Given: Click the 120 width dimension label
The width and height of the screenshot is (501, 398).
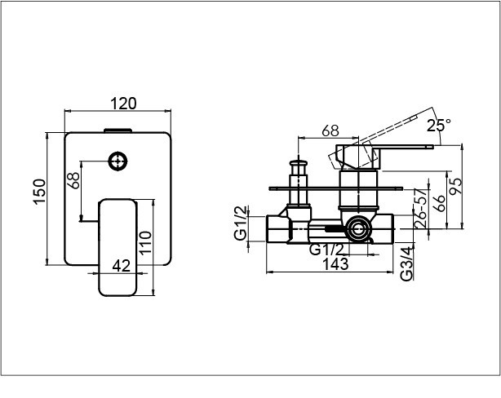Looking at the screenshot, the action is point(123,104).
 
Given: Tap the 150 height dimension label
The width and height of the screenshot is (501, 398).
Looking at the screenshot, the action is point(40,192).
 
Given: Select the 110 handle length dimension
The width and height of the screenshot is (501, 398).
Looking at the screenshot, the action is point(145,242).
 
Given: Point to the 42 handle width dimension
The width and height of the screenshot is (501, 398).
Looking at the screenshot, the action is point(122,266).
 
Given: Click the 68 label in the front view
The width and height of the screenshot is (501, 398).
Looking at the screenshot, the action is point(73,180).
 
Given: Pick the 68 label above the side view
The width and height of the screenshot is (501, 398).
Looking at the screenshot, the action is point(330,130).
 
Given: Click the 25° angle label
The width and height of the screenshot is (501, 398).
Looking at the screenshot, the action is point(439,126).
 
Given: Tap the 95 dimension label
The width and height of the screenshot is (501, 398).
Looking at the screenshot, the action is point(455,186).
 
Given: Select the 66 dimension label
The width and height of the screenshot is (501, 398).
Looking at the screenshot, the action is point(440,203).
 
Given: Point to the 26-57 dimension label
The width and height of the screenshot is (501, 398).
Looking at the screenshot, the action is point(420,208).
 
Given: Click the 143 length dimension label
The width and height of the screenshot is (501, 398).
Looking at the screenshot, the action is point(335,264).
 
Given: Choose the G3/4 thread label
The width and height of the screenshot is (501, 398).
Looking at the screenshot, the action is point(407,264).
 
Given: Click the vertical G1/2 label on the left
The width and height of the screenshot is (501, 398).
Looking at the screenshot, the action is point(241,223).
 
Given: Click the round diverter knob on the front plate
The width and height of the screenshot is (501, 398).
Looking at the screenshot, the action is point(117,161).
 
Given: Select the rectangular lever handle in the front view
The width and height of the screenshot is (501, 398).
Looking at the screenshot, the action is point(117,248).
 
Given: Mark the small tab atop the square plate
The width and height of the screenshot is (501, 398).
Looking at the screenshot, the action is point(117,130).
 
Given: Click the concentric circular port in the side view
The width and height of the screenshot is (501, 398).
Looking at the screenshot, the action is point(358,229).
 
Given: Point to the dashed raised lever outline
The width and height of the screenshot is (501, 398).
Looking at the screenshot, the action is point(374,140).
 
